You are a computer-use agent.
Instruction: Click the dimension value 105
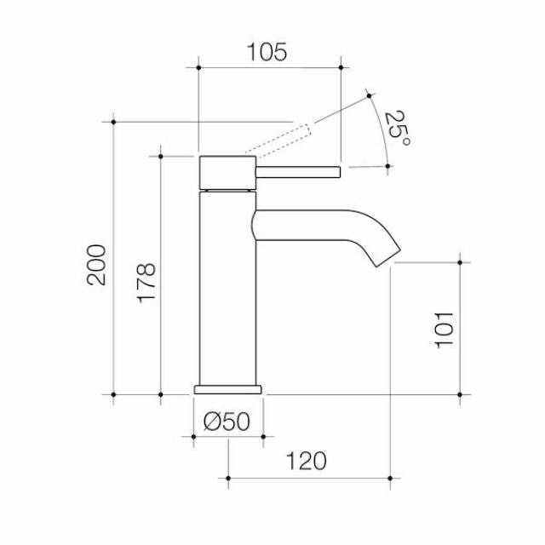click(x=267, y=53)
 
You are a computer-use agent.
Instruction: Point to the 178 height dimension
click(x=146, y=283)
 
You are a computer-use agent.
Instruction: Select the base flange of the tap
click(x=228, y=389)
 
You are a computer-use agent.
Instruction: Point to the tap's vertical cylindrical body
click(x=227, y=290)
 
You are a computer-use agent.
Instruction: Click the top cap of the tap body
click(x=227, y=173)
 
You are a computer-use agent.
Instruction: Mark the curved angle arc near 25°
click(x=381, y=128)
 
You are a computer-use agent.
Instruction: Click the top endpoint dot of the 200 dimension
click(x=113, y=122)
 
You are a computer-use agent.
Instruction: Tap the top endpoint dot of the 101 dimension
click(x=460, y=263)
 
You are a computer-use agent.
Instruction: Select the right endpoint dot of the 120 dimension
click(x=391, y=479)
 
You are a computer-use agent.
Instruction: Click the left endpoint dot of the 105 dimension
click(x=198, y=66)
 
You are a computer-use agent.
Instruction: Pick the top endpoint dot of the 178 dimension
click(x=160, y=156)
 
